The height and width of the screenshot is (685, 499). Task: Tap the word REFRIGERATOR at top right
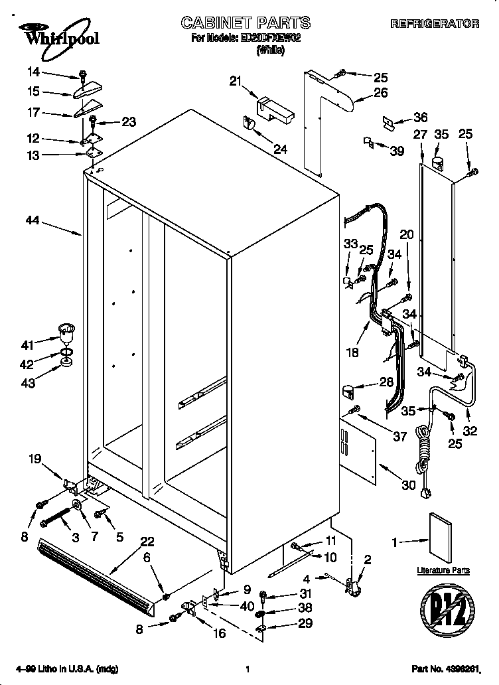(x=435, y=24)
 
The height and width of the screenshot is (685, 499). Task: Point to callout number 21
(x=234, y=81)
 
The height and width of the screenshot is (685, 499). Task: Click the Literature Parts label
(x=443, y=570)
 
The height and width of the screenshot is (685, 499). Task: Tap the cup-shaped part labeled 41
(x=65, y=330)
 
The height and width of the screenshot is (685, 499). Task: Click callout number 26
(x=380, y=93)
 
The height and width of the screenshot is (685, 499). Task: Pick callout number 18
(x=353, y=352)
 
